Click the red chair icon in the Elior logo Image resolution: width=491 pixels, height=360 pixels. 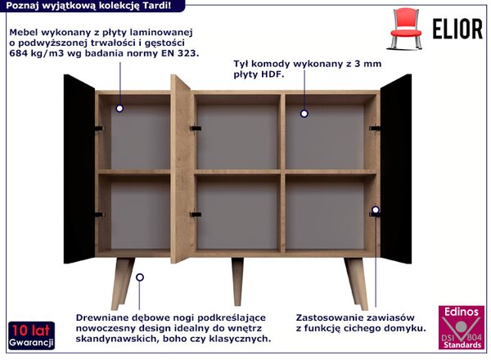pyautogui.click(x=405, y=28)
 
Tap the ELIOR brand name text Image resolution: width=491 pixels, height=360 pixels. pyautogui.click(x=457, y=29)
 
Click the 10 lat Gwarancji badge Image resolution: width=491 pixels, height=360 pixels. pyautogui.click(x=31, y=335)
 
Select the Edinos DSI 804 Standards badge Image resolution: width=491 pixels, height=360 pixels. pyautogui.click(x=462, y=327)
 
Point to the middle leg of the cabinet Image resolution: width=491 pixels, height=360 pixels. pyautogui.click(x=237, y=281)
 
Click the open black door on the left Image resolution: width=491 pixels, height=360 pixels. pyautogui.click(x=79, y=169)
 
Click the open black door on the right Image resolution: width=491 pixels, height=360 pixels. pyautogui.click(x=396, y=169)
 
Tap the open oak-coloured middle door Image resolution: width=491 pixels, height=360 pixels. pyautogui.click(x=181, y=169)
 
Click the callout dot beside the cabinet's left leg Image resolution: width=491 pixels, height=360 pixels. pyautogui.click(x=140, y=277)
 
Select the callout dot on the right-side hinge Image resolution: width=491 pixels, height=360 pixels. pyautogui.click(x=376, y=209)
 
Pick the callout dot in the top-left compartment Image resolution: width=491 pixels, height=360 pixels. pyautogui.click(x=119, y=109)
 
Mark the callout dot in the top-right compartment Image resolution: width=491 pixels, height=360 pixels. pyautogui.click(x=304, y=114)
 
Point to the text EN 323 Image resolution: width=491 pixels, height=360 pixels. pyautogui.click(x=180, y=53)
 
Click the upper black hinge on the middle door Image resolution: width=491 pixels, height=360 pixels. pyautogui.click(x=196, y=128)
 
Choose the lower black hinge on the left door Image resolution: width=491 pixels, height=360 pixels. pyautogui.click(x=99, y=214)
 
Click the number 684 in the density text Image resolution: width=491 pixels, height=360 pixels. pyautogui.click(x=17, y=53)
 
